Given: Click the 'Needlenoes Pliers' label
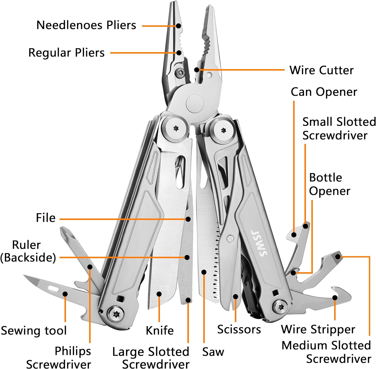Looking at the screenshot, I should click(86, 25).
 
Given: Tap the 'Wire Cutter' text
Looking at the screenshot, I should click(321, 70).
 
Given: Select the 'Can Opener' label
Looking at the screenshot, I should click(324, 92).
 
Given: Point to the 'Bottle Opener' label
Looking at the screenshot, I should click(329, 184).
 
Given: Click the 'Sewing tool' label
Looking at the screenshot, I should click(34, 331).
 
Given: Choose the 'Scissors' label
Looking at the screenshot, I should click(239, 329).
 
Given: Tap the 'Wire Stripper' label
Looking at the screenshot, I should click(318, 329).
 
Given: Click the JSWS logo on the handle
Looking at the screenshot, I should click(259, 243).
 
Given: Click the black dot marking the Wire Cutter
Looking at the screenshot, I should click(197, 70).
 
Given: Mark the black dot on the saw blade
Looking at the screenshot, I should click(204, 272).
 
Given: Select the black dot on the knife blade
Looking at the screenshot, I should click(159, 294).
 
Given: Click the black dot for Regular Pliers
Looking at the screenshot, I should click(179, 53).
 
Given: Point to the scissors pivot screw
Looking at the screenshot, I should click(230, 238).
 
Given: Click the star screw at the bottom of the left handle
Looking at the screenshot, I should click(116, 314).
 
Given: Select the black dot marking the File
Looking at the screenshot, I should click(188, 219).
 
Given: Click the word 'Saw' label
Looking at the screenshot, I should click(213, 352).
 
